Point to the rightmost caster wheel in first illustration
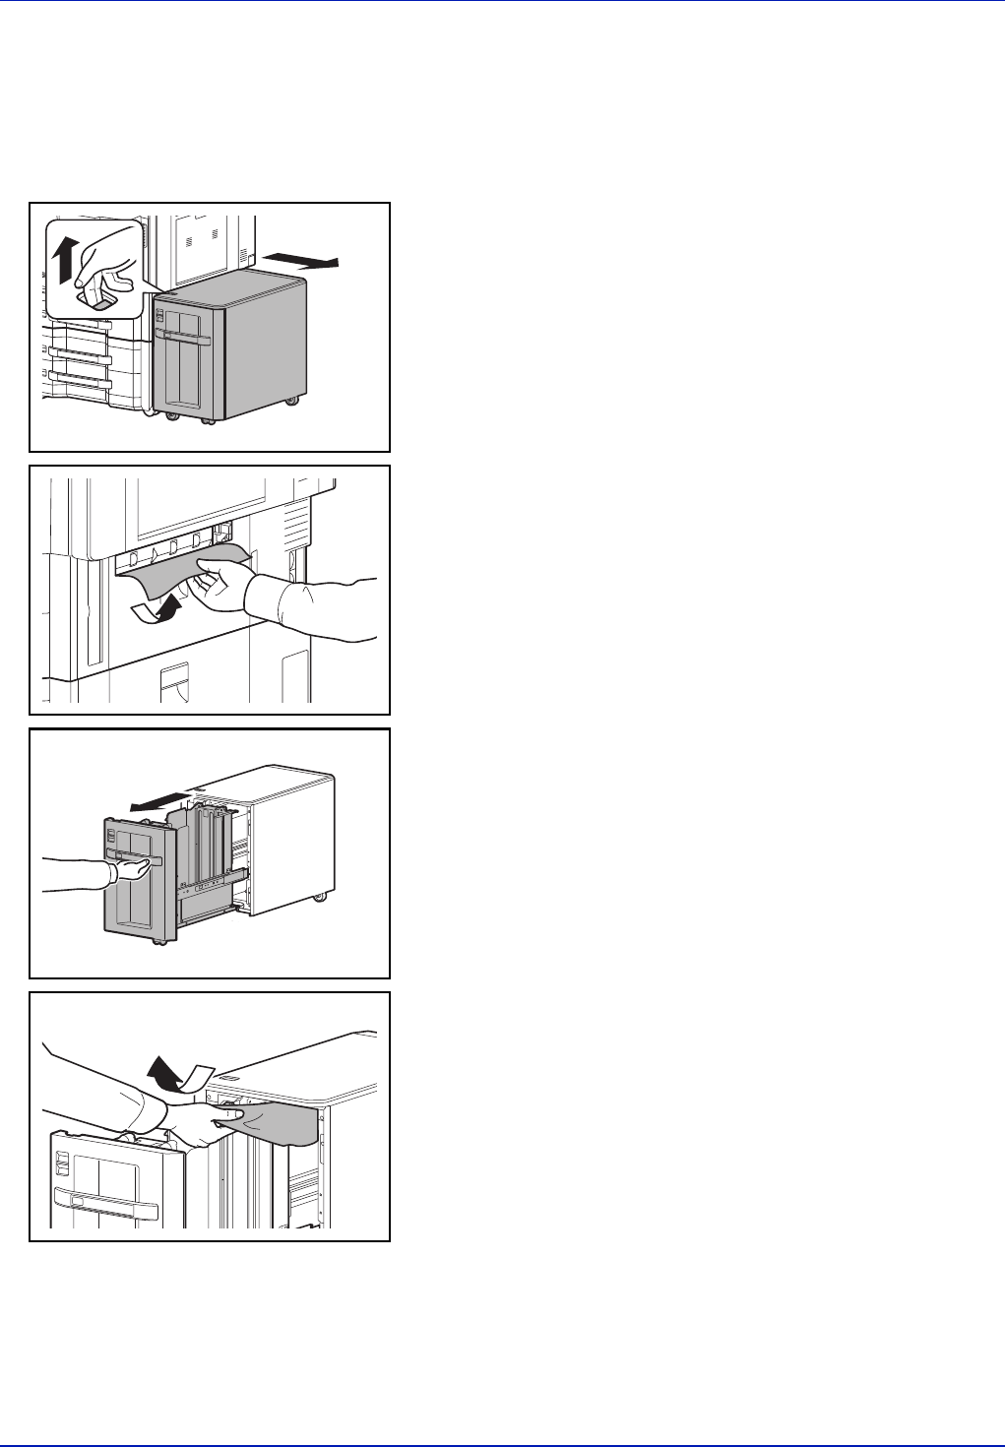pyautogui.click(x=292, y=401)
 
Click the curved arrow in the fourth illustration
pyautogui.click(x=177, y=1078)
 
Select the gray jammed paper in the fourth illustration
pyautogui.click(x=281, y=1122)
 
